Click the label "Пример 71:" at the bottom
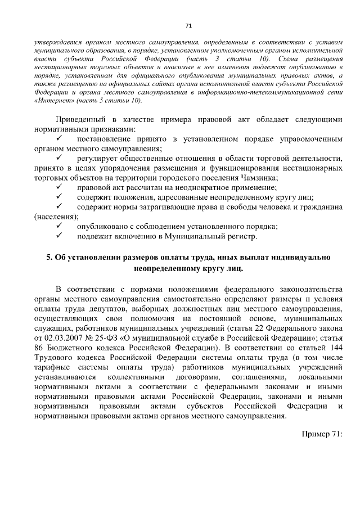pyautogui.click(x=322, y=434)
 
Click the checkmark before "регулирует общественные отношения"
pyautogui.click(x=60, y=158)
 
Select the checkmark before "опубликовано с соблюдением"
pyautogui.click(x=60, y=227)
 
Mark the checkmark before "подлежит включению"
pyautogui.click(x=60, y=237)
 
